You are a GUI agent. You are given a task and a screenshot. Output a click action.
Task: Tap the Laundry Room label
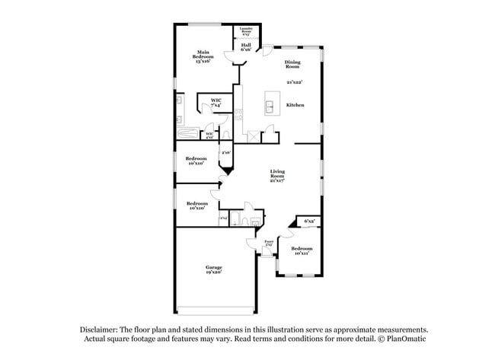[x=246, y=31]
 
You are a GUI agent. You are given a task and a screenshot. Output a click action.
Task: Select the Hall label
[x=246, y=45]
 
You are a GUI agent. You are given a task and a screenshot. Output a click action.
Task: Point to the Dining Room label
[x=292, y=65]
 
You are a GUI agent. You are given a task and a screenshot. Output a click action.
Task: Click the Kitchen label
[x=295, y=104]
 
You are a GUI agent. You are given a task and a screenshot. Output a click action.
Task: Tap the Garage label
[x=212, y=267]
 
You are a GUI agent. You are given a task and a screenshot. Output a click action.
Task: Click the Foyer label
[x=269, y=242]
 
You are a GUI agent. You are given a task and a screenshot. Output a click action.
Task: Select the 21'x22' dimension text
[x=295, y=82]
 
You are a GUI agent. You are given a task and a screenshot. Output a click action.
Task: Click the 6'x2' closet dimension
[x=309, y=221]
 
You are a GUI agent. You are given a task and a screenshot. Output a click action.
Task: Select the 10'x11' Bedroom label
[x=302, y=250]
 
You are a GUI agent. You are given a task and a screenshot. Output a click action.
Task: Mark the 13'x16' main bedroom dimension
[x=203, y=60]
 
